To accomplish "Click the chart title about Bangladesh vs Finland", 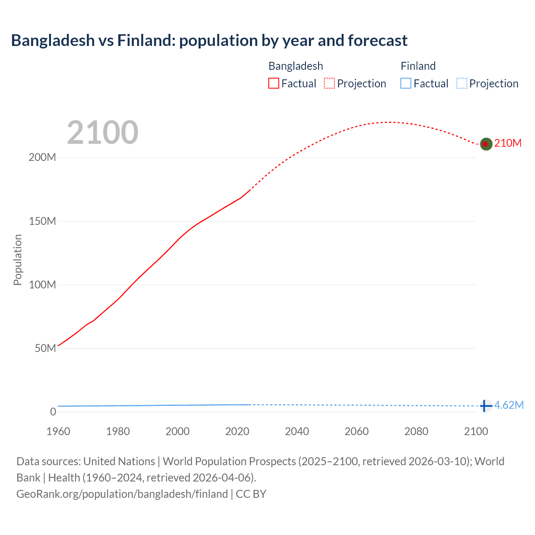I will point(209,41).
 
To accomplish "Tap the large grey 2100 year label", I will point(102,132).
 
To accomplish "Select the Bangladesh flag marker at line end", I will point(485,144).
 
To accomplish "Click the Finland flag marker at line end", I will point(485,406).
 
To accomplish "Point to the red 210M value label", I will point(508,143).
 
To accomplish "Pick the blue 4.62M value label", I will point(509,405).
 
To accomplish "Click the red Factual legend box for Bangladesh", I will point(274,84).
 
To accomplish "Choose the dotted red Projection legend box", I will point(329,84).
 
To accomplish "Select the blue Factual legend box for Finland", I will point(406,84).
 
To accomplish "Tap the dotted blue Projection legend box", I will point(462,84).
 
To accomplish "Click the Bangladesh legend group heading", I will point(296,66).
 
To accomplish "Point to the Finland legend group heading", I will point(418,66).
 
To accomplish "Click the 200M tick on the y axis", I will point(42,158).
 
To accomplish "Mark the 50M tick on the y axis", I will point(45,348).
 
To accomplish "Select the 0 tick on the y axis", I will point(53,412).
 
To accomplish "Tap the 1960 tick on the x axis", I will point(58,431).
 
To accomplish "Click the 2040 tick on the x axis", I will point(297,431).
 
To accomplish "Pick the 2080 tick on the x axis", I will point(416,431).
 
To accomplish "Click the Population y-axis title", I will point(18,260).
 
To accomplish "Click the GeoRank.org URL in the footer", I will point(122,494).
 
